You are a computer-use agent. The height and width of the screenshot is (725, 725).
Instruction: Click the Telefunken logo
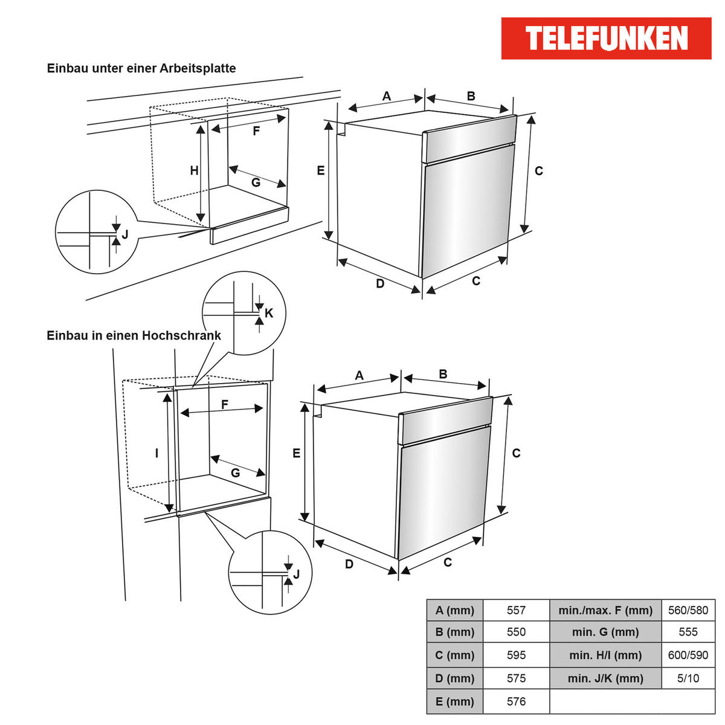tap(606, 38)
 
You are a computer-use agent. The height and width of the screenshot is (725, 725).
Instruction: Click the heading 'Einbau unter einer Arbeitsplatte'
tap(141, 68)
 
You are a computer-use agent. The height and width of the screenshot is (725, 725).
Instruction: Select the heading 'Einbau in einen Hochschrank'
tap(134, 335)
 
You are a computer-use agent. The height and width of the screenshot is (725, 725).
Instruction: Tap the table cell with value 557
tap(516, 610)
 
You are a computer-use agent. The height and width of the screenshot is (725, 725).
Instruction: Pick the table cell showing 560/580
tap(688, 610)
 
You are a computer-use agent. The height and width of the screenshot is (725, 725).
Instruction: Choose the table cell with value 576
tap(516, 701)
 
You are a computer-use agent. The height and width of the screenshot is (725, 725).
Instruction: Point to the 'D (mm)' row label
tap(455, 678)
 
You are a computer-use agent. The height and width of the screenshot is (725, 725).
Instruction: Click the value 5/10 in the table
tap(688, 678)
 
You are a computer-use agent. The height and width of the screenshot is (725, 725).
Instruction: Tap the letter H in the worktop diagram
tap(194, 171)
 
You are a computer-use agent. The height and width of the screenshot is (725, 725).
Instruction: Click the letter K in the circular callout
tap(269, 313)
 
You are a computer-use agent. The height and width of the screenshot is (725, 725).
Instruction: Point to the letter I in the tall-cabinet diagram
tap(156, 453)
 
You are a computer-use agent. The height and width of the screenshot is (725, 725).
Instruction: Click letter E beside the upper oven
tap(321, 171)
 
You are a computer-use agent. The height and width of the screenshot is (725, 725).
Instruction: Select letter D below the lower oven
tap(349, 564)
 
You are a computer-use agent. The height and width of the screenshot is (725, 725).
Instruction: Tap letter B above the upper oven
tap(471, 96)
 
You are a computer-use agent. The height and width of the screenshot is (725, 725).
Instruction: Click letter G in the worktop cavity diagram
tap(256, 182)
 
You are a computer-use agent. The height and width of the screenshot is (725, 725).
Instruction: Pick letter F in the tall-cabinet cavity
tap(225, 405)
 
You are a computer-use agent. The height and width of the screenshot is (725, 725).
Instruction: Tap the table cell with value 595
tap(516, 656)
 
